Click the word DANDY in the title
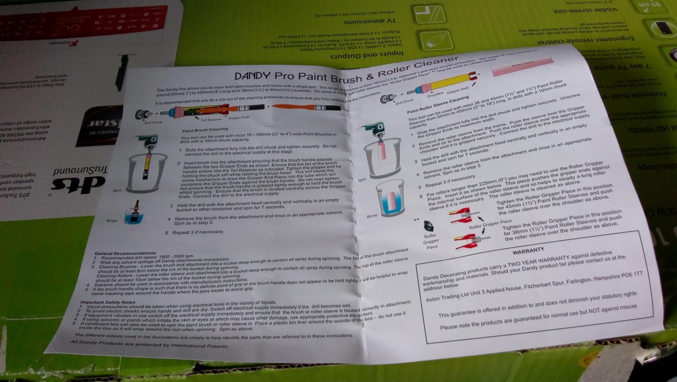tap(252, 75)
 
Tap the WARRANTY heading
tap(528, 250)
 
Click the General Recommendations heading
tap(125, 253)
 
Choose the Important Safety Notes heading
tap(108, 302)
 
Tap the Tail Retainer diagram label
tap(211, 120)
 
